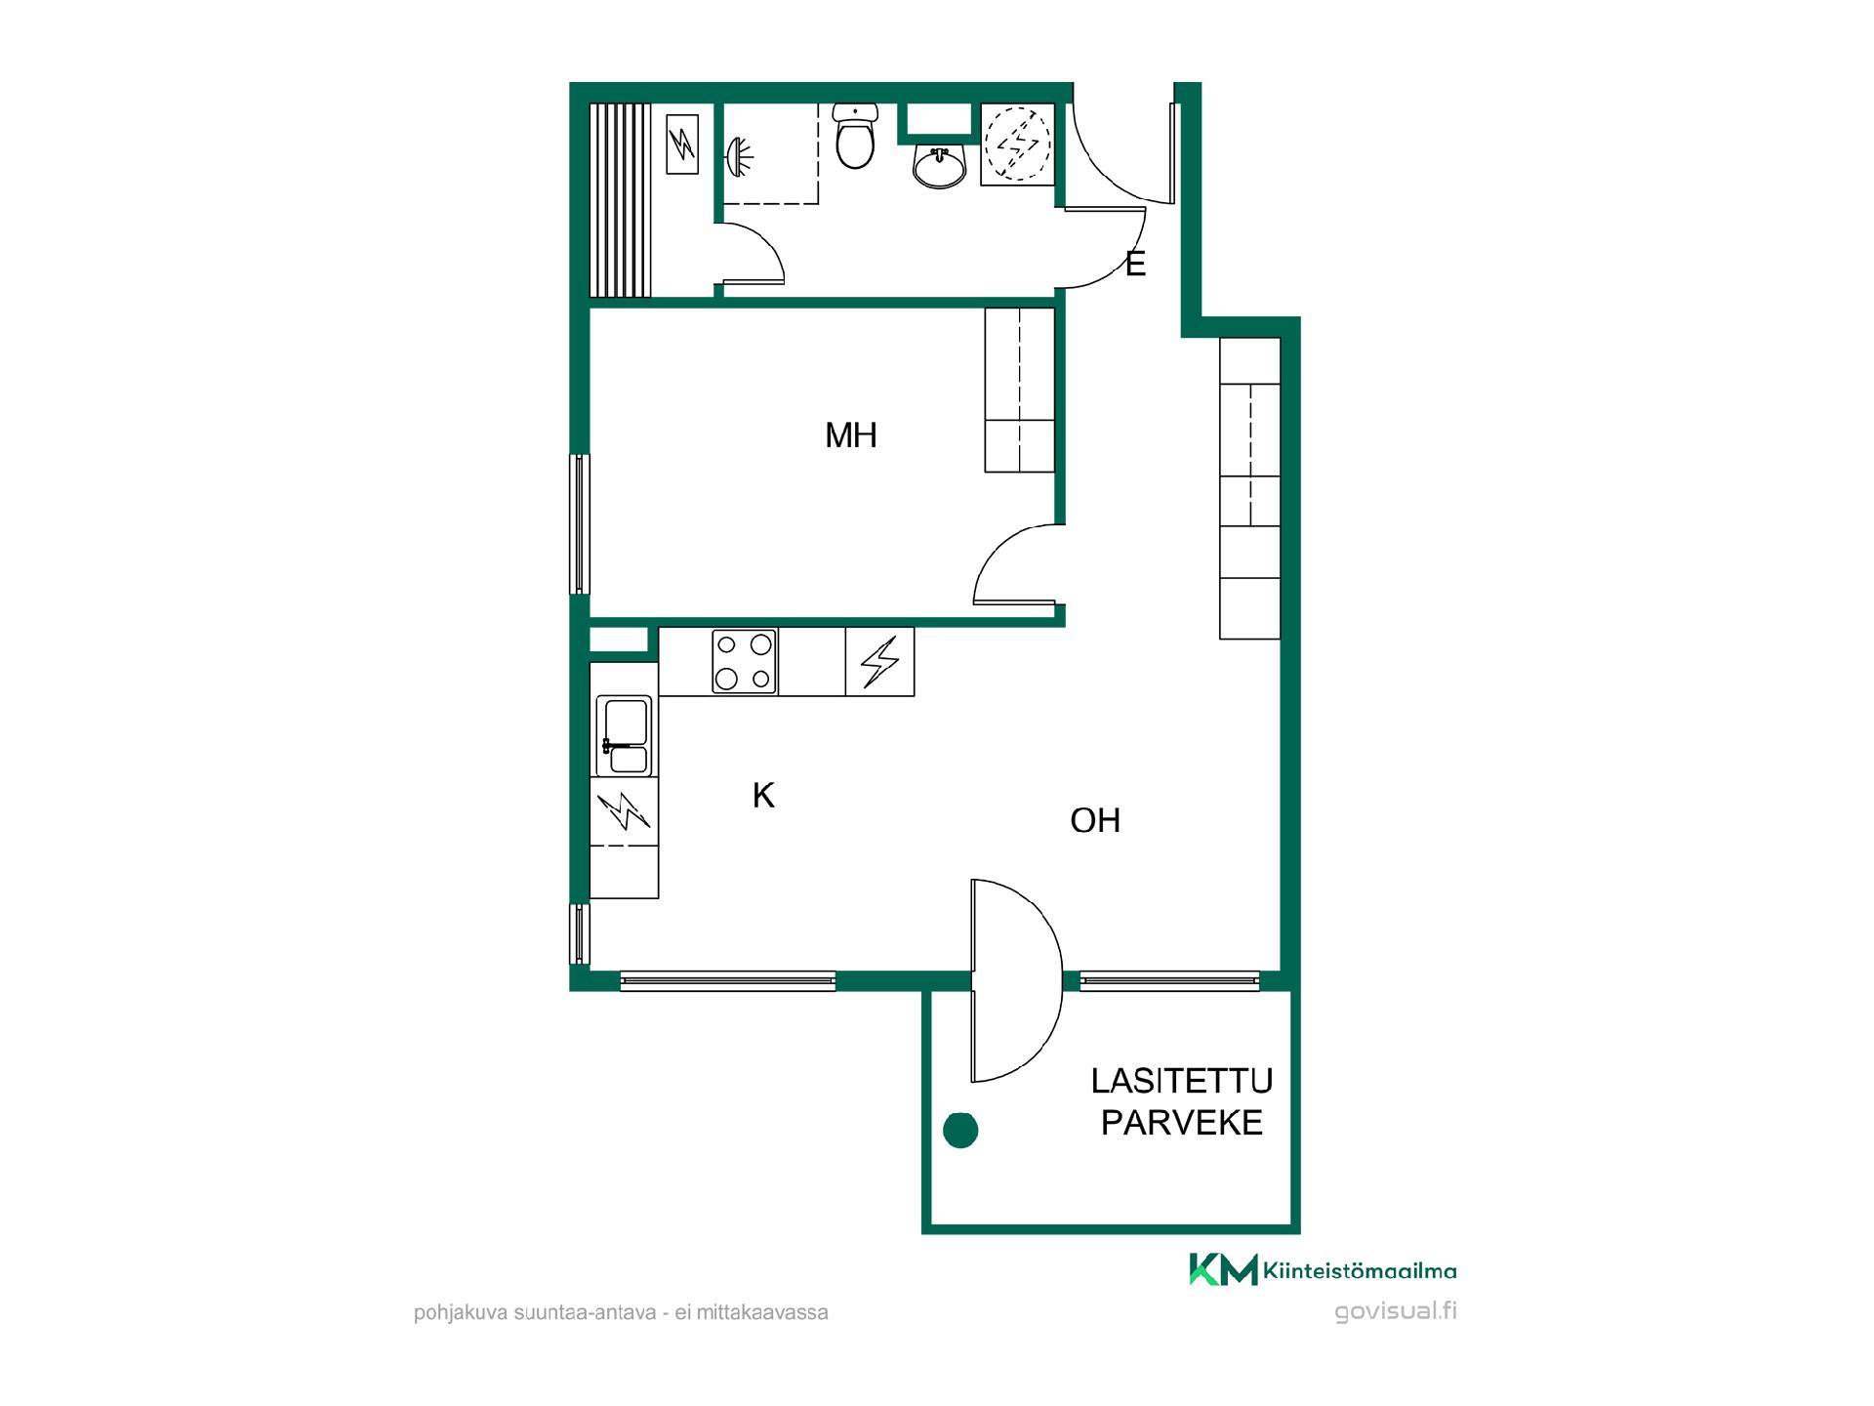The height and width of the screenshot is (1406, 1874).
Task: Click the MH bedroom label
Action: (851, 435)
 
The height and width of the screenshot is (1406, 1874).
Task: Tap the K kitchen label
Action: (763, 796)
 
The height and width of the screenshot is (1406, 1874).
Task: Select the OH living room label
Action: (1095, 820)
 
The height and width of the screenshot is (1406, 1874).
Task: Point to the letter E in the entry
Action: (1135, 264)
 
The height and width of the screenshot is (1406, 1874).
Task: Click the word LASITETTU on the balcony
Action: (1182, 1081)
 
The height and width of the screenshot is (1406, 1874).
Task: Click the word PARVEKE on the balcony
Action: (1182, 1123)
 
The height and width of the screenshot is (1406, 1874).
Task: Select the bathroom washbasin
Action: (940, 166)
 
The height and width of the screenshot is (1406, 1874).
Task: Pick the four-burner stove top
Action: (744, 661)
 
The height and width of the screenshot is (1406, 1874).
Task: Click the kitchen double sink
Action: (624, 736)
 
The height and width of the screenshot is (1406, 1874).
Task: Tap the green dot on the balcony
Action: (960, 1130)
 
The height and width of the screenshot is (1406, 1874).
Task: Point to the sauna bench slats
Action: (620, 199)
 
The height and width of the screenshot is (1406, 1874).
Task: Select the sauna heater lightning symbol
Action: (682, 145)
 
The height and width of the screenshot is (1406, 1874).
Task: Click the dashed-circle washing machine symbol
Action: (1017, 144)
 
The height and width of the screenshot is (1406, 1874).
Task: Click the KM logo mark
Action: (1223, 1269)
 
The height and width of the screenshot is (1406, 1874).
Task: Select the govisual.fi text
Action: (1396, 1311)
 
